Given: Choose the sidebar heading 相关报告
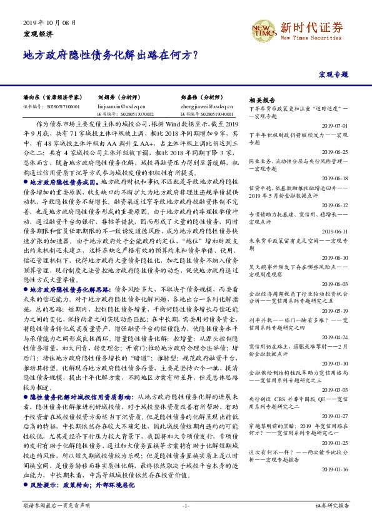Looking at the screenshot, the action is click(262, 100).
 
